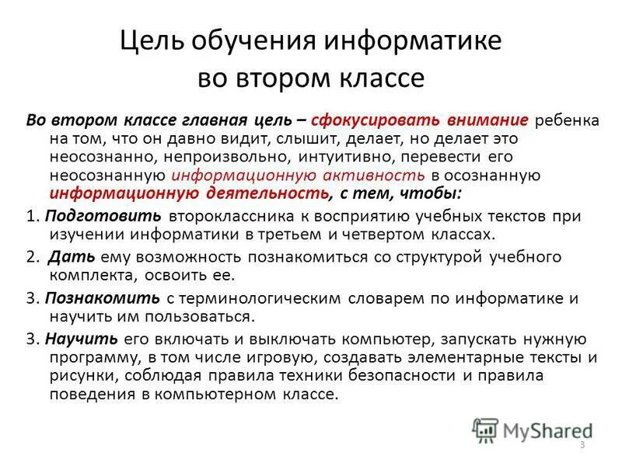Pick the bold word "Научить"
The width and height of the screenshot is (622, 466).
coord(82,339)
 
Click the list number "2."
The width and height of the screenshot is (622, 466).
coord(32,256)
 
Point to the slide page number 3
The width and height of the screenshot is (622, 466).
coord(582,443)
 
